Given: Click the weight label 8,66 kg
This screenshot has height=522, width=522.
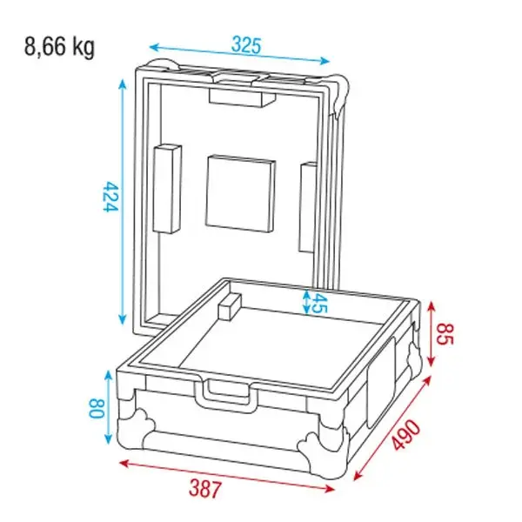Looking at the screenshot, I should (59, 46).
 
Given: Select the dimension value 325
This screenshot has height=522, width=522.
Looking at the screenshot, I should (246, 44).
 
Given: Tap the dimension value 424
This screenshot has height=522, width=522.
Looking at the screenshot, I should (110, 200).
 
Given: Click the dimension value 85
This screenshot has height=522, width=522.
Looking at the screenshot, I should (444, 334).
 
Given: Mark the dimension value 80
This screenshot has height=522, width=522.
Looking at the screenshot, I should (96, 406).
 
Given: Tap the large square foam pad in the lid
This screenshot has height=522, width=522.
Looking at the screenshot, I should (241, 194).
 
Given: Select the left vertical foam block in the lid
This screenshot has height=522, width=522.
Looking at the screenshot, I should (167, 189).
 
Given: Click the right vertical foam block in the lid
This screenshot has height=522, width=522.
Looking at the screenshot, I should (309, 206).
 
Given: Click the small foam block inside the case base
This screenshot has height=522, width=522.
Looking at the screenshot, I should (230, 306).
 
